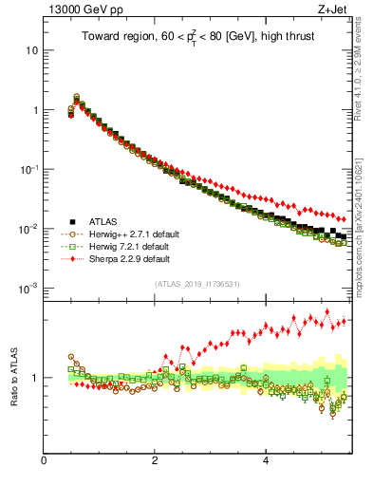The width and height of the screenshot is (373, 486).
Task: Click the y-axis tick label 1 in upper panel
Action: click(x=35, y=110)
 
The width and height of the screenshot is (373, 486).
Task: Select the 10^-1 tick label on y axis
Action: click(x=29, y=169)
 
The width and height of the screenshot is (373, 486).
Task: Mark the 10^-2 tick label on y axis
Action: click(x=29, y=229)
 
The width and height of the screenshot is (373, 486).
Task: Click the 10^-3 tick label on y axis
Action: click(x=29, y=288)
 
